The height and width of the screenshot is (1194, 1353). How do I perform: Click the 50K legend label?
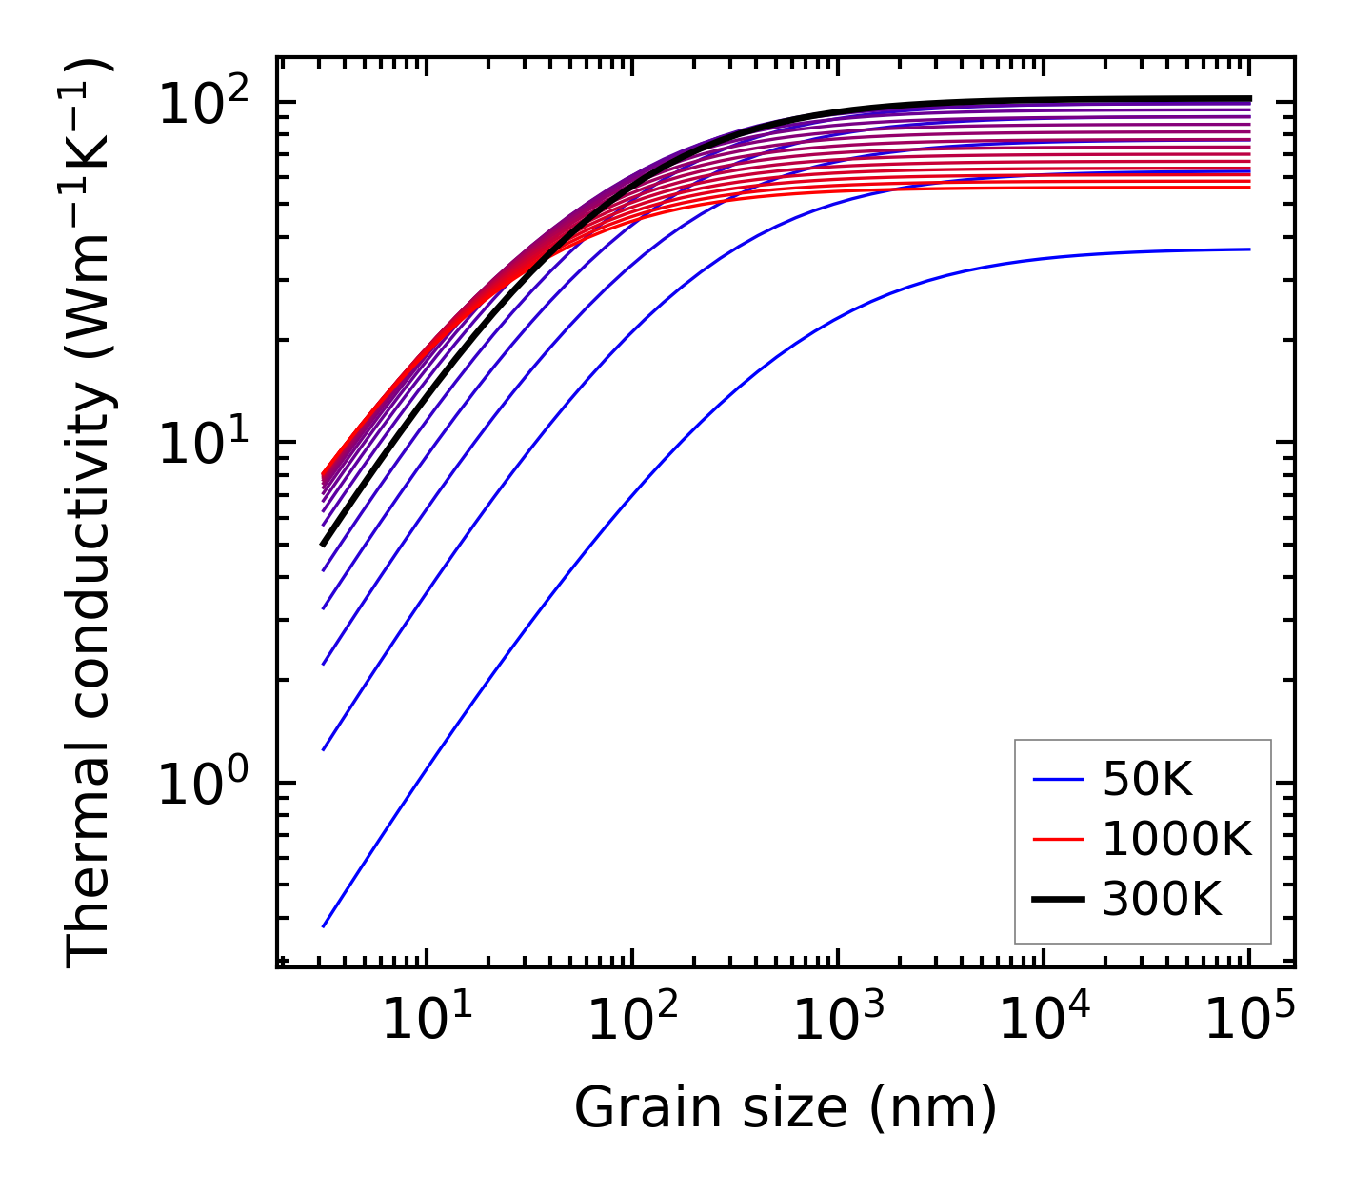point(1147,781)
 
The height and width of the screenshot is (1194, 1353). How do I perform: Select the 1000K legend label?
point(1176,839)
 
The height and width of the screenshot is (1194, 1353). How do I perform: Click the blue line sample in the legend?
point(1058,781)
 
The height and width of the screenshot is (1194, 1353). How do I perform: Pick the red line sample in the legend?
point(1058,839)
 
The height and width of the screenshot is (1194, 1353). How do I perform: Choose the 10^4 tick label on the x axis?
point(1043,1020)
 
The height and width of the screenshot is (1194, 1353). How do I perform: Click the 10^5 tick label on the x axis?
point(1248,1020)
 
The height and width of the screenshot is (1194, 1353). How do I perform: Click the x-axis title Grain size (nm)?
point(786,1108)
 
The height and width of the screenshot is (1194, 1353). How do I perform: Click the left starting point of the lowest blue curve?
point(324,925)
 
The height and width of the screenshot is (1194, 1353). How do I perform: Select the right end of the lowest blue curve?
point(1249,249)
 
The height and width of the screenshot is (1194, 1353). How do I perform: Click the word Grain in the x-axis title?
point(630,1108)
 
